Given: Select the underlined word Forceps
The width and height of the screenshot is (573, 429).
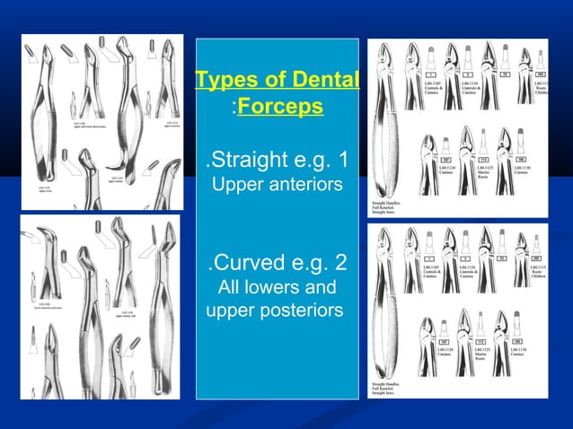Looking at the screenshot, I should [280, 107].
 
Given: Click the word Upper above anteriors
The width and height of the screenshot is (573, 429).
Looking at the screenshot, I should [234, 186].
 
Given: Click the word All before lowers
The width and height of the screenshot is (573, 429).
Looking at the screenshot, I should [231, 288].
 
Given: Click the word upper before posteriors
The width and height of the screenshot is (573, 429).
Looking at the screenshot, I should [229, 311].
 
